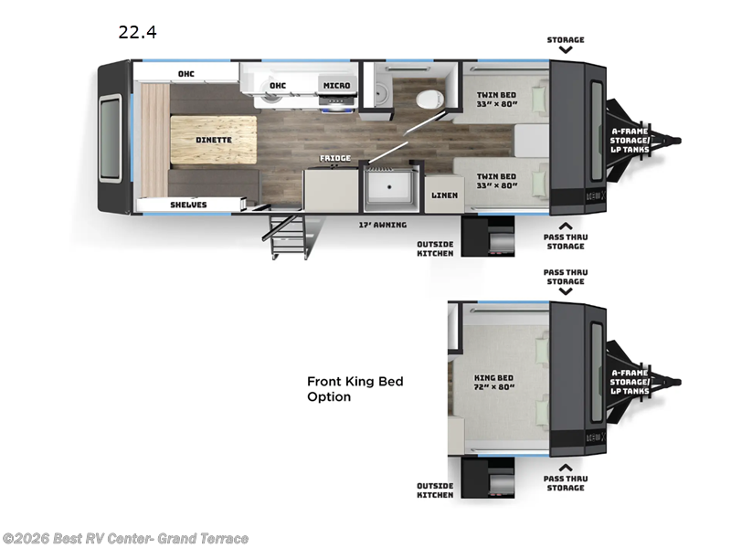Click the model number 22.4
tap(137, 33)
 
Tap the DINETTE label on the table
tap(213, 140)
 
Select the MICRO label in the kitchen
tap(335, 86)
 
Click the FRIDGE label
tap(334, 159)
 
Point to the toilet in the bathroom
tap(428, 98)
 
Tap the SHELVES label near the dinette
tap(188, 205)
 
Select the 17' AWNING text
tap(382, 224)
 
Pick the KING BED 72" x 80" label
tap(494, 382)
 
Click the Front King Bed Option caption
tap(355, 389)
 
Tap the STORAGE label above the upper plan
tap(566, 40)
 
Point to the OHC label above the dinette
tap(185, 74)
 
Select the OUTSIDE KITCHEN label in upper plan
tap(435, 248)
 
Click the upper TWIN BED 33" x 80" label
tap(496, 99)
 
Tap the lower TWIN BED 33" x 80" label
tap(496, 181)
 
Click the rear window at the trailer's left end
tap(110, 139)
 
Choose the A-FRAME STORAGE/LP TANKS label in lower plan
tap(630, 381)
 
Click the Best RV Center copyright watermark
tap(125, 539)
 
